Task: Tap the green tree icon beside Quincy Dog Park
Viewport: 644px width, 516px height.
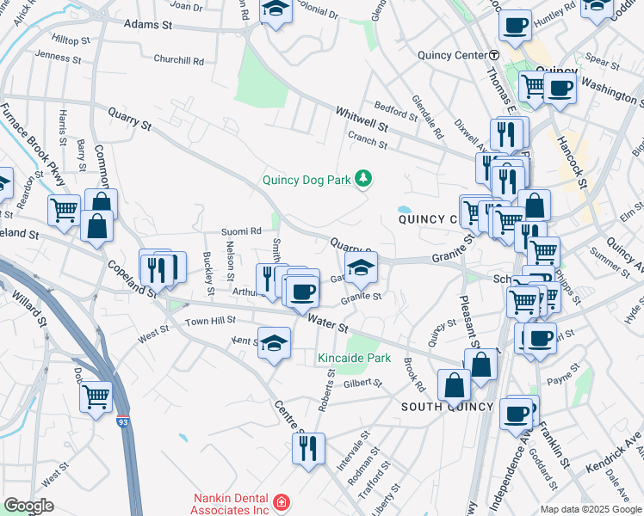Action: tap(364, 178)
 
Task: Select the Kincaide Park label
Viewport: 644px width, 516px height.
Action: tap(354, 358)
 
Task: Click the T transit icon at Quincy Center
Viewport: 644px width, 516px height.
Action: tap(494, 55)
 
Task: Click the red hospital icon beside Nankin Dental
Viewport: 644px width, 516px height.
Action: tap(281, 501)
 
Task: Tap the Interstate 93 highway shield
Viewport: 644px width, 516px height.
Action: tap(125, 422)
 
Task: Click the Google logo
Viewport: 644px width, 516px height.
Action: tap(28, 506)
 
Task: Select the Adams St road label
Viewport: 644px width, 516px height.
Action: tap(148, 26)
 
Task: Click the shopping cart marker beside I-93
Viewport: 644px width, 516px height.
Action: tap(96, 396)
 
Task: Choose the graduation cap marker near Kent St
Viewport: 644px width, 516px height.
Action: tap(275, 344)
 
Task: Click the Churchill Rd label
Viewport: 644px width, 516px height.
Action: tap(178, 61)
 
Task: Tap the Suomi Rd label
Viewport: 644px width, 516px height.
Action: tap(241, 231)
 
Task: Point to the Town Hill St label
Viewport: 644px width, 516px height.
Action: tap(210, 321)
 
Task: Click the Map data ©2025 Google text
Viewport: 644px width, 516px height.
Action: tap(591, 509)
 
